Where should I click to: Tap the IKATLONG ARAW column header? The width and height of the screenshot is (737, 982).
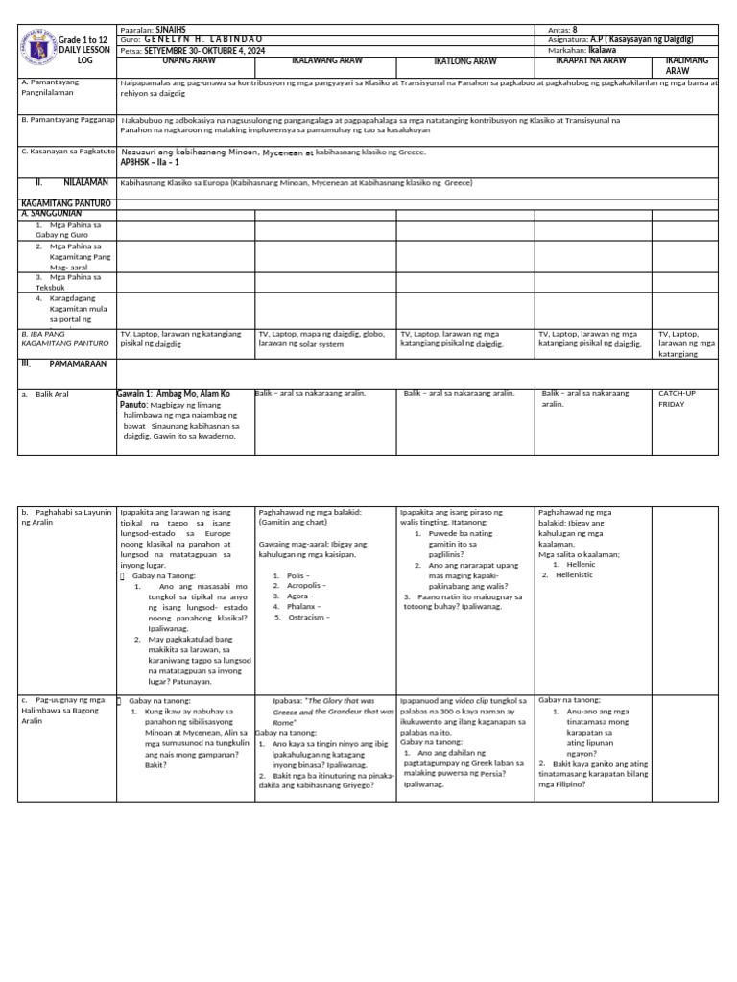pos(465,61)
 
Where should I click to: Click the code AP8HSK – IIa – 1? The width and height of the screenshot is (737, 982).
pos(150,163)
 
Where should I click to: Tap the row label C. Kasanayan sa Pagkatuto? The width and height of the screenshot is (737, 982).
pos(68,152)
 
